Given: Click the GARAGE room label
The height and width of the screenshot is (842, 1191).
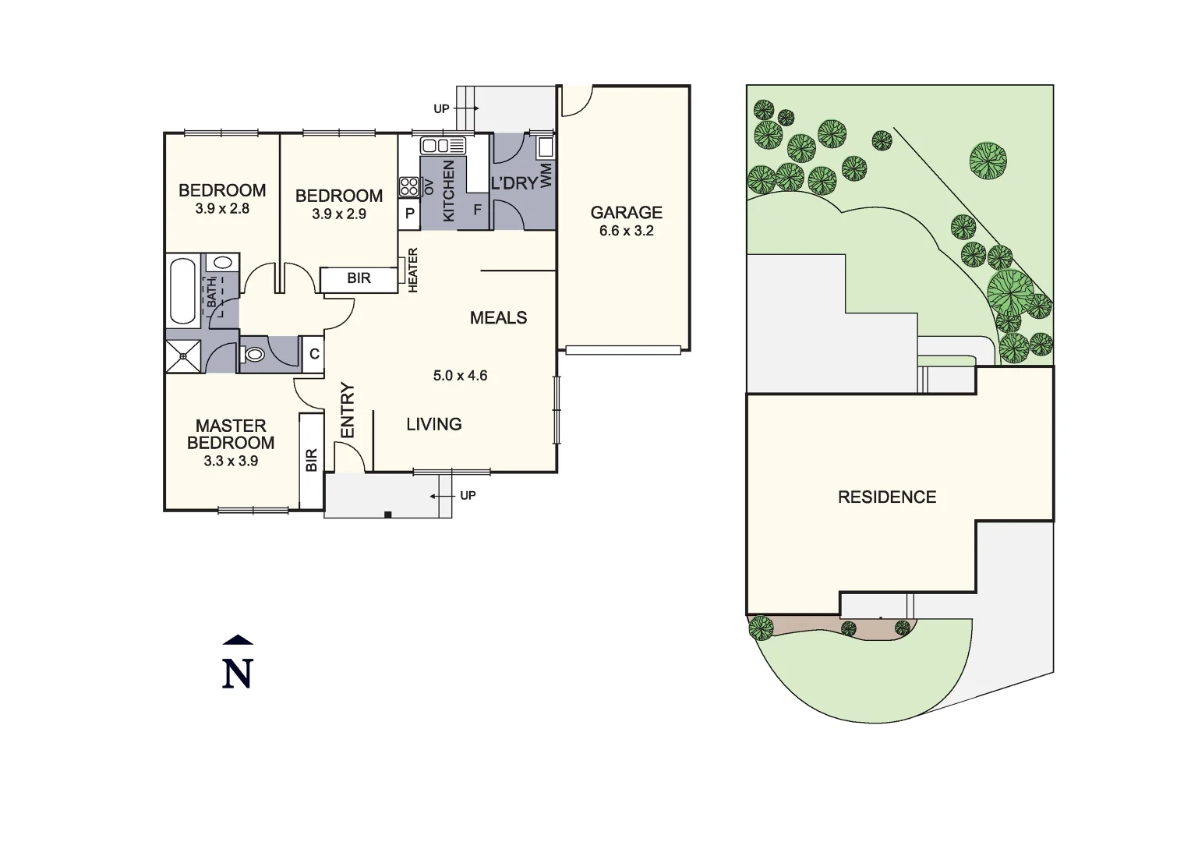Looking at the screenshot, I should (x=626, y=212).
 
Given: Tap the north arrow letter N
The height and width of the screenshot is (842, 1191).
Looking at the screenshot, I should (x=238, y=674).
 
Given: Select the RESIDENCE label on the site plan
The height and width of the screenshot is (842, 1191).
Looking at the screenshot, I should (x=887, y=497).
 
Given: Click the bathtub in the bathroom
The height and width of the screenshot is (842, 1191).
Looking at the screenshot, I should (x=184, y=292).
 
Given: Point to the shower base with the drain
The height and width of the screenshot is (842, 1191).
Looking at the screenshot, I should (x=184, y=356).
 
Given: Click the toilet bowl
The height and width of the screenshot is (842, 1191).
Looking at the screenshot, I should (x=254, y=355).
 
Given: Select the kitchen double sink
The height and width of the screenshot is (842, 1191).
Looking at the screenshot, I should (x=443, y=145).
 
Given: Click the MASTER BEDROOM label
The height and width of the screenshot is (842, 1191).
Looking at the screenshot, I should (x=231, y=434).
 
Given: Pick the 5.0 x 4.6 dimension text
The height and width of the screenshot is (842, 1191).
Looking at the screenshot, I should (x=460, y=376).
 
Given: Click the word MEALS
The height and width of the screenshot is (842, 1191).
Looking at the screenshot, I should (x=499, y=317).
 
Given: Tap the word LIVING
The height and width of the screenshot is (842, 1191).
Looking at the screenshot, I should (x=434, y=424).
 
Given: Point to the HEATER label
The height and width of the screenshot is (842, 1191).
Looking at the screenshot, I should (x=413, y=270).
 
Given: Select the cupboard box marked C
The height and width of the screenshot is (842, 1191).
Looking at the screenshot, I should (x=314, y=354).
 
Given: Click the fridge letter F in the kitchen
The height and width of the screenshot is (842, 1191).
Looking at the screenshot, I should (x=477, y=210).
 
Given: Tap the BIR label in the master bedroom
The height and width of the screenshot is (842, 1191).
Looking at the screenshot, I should (x=312, y=460).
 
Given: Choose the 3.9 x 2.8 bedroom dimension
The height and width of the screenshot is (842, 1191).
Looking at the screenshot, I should (x=222, y=209).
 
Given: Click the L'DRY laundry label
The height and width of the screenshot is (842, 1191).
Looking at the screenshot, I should (x=514, y=184).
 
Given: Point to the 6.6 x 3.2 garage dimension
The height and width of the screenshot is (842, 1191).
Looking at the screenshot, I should (x=626, y=231).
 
